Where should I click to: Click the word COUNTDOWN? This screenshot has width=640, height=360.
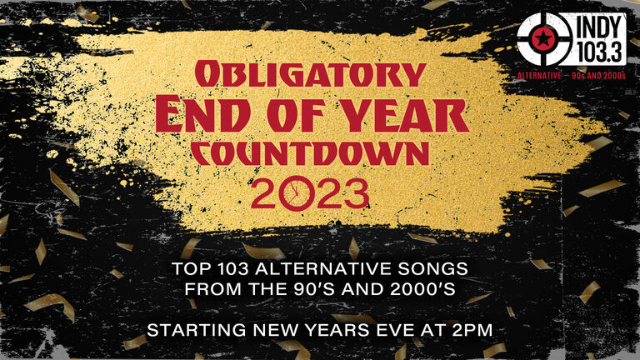pyautogui.click(x=310, y=155)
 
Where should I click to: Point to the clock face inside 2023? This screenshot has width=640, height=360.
pyautogui.click(x=297, y=193)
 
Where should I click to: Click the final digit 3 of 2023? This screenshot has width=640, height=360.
pyautogui.click(x=356, y=194)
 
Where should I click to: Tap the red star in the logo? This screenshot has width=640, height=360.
pyautogui.click(x=542, y=39)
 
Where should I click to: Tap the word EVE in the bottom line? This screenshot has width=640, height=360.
pyautogui.click(x=388, y=330)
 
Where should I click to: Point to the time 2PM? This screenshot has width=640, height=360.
pyautogui.click(x=472, y=330)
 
